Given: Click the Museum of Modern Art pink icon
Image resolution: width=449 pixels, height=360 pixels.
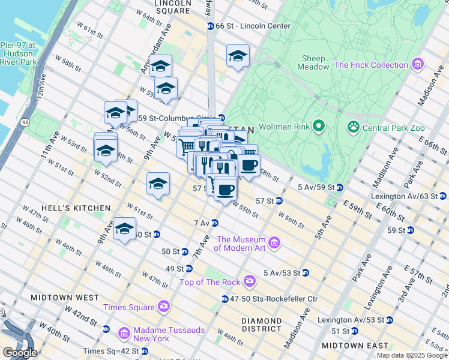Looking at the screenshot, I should point(274,242).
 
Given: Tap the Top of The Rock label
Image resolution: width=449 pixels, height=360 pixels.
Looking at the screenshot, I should point(211,281).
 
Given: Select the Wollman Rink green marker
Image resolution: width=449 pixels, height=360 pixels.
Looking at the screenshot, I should point(318,127).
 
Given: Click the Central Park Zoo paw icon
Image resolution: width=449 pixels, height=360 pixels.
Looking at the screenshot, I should point(354,127).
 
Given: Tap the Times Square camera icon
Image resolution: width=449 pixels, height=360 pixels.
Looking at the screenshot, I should point(164,307).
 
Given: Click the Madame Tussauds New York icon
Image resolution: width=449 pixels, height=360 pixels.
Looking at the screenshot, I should point(124,332).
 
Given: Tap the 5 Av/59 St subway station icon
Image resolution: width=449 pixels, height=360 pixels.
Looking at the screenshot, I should point(340,188).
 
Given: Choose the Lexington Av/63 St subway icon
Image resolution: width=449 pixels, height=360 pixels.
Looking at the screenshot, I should point(443,196).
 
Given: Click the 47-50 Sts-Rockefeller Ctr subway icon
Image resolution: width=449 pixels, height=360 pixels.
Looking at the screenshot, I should point(224,299).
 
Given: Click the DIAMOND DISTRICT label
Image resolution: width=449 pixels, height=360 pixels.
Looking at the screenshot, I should point(262,325).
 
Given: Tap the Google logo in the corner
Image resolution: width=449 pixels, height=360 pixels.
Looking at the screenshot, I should point(20,353).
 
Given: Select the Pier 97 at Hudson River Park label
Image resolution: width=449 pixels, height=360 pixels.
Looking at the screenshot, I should point(18,53).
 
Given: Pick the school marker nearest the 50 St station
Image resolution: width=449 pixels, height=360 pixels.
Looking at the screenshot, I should point(125,229).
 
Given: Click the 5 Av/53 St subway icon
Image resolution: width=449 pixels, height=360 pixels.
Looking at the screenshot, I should point(306,273).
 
